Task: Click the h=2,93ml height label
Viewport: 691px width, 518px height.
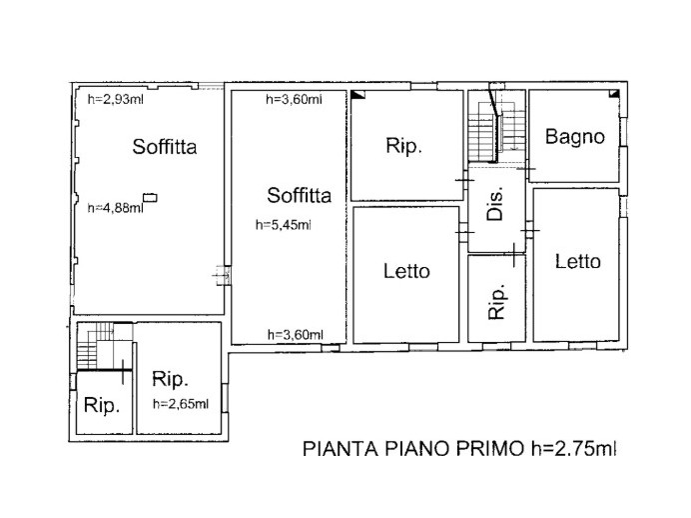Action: click(117, 99)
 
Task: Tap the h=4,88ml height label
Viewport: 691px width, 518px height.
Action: click(115, 208)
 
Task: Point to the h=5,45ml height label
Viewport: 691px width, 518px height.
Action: click(283, 224)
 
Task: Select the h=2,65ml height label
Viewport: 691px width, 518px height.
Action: click(181, 404)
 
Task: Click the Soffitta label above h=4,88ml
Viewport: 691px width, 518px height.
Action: click(165, 147)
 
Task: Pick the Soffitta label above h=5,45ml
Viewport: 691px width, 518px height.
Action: click(299, 194)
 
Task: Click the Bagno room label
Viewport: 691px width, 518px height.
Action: click(574, 137)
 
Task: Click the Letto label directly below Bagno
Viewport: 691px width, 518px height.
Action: click(578, 262)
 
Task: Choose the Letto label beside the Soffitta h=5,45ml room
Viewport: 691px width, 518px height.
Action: click(406, 271)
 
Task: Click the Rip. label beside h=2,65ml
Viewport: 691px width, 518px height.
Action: click(172, 379)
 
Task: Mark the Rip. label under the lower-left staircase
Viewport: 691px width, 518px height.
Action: click(102, 406)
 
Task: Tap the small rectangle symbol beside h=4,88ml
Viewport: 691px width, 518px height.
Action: click(150, 198)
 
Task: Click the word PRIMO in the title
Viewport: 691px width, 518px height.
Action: click(483, 450)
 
